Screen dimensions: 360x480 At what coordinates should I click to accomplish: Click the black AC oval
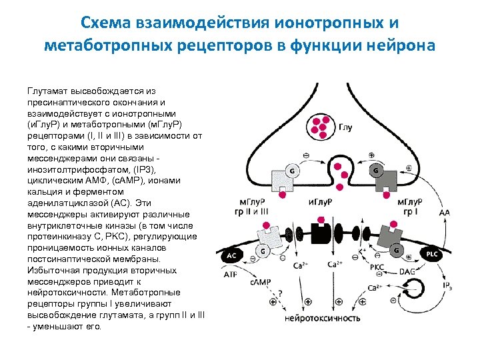point(231,255)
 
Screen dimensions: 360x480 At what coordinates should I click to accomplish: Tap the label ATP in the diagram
point(230,274)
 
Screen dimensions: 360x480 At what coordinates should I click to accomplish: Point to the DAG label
point(406,272)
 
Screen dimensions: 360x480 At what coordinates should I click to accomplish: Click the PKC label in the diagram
point(377,267)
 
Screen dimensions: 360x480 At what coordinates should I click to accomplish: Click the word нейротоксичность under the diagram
point(323,317)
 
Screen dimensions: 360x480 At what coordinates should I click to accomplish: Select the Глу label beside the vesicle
point(346,126)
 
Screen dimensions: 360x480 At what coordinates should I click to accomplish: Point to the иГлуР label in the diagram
point(322,202)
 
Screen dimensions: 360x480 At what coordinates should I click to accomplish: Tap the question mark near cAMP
point(279,293)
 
